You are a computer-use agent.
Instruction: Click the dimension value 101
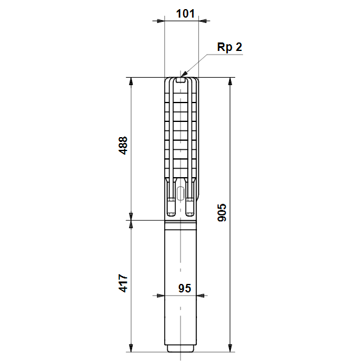click(185, 13)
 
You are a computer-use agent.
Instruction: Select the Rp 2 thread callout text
click(230, 47)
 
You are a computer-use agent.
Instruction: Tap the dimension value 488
click(123, 146)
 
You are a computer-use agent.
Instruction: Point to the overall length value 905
click(222, 212)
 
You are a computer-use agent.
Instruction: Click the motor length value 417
click(123, 283)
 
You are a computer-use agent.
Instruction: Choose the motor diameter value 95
click(185, 288)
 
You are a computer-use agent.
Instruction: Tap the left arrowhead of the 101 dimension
click(161, 21)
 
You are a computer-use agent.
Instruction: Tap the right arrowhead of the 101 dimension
click(202, 21)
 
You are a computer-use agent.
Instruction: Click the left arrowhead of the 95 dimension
click(161, 296)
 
